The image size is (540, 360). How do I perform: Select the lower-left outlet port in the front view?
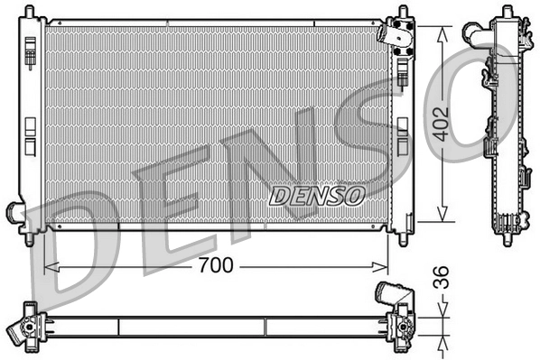click(x=17, y=214)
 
